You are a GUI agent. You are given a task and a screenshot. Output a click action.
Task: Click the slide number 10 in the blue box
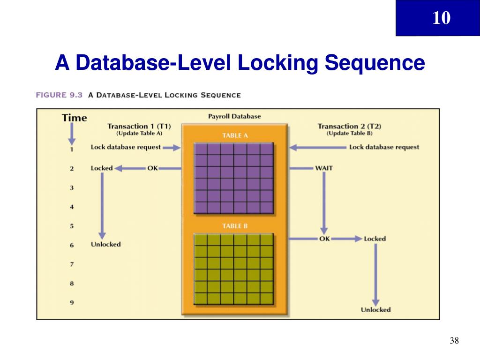point(441,18)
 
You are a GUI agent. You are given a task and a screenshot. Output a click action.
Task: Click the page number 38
point(454,341)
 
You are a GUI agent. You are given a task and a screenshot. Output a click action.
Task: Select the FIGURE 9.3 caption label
point(59,95)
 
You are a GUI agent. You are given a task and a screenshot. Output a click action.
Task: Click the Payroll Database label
point(234,116)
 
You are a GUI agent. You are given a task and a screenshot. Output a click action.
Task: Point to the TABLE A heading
point(234,135)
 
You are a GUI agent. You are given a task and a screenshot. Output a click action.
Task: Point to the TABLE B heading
point(234,226)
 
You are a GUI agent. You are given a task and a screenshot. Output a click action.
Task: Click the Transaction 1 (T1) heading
point(139,126)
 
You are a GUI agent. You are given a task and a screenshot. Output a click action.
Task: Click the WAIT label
point(324,168)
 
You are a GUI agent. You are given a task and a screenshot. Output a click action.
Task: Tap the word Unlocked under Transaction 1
point(105,244)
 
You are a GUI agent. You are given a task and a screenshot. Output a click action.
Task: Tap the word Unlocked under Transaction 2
point(375,310)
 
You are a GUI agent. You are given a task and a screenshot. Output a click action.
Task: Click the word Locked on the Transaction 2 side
point(375,239)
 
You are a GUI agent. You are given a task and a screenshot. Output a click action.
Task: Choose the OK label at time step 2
point(152,168)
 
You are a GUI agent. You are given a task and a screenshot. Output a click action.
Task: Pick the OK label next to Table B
point(324,239)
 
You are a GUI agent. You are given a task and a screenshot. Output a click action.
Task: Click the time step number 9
point(72,302)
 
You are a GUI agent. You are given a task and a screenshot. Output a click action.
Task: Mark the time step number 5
point(72,226)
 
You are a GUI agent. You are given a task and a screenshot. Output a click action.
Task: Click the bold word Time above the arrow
point(75,118)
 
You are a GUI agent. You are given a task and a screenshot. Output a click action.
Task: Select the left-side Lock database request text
point(126,147)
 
